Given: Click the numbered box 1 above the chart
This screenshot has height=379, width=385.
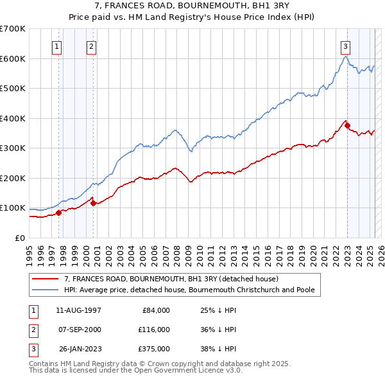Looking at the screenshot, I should click(57, 46).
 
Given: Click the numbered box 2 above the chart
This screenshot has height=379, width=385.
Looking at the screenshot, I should click(92, 46).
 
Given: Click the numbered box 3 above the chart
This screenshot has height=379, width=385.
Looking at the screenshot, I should click(345, 46).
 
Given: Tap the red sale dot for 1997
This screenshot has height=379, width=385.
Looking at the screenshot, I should click(58, 213).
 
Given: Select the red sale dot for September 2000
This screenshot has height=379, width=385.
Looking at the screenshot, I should click(94, 203).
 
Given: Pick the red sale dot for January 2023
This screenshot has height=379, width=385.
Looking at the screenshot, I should click(347, 126).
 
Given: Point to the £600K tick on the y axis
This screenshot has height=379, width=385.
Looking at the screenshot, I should click(14, 58).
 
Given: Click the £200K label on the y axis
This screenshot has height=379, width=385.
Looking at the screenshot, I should click(14, 178).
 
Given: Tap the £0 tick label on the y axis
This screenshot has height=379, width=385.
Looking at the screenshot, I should click(20, 238).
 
